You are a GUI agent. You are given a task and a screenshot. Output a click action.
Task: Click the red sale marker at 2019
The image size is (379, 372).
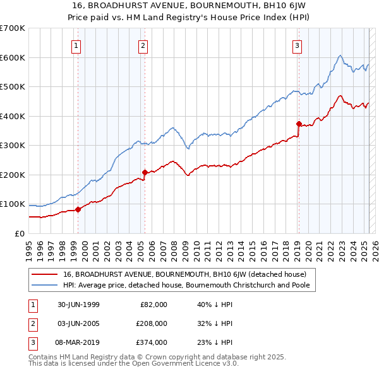coord(299,124)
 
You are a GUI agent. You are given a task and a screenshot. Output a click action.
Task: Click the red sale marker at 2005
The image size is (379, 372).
coord(145,172)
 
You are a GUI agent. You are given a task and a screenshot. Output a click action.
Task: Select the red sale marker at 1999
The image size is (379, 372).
coord(78,209)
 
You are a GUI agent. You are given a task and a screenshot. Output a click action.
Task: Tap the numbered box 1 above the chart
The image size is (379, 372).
coord(76,45)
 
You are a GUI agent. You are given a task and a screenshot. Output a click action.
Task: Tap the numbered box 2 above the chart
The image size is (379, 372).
coord(143,45)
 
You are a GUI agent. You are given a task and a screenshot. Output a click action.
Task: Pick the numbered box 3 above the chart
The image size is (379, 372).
coord(297,45)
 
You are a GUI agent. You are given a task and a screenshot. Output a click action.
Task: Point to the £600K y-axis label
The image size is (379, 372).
coord(13,57)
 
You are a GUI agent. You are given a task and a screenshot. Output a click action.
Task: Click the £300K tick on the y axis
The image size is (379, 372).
coord(13,146)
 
